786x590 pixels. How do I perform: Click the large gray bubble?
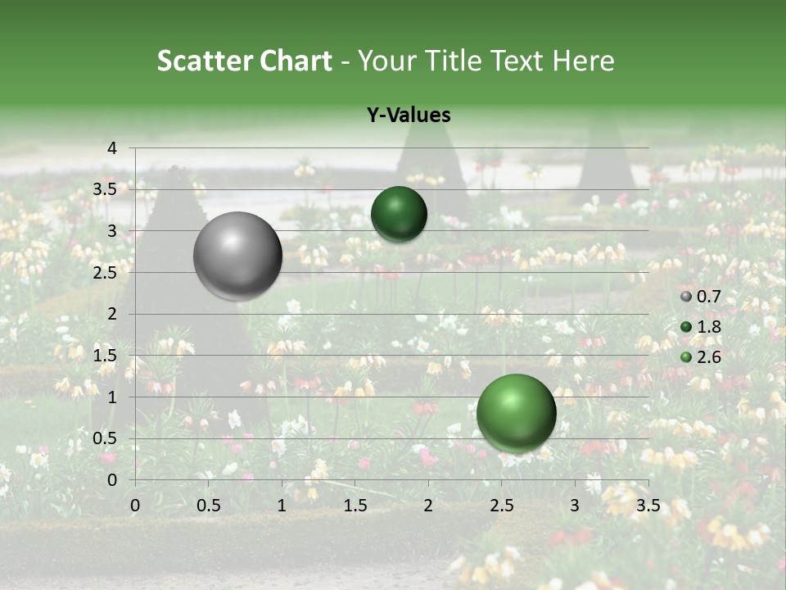tap(237, 256)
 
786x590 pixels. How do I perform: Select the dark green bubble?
tap(399, 214)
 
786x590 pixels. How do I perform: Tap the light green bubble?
tap(516, 413)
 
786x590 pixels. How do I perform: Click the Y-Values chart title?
tap(408, 116)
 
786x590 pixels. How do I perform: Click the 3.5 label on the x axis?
tap(648, 506)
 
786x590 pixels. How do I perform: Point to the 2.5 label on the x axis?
tap(501, 506)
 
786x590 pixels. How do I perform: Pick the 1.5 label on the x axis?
tap(355, 506)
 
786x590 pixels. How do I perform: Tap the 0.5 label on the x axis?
tap(208, 506)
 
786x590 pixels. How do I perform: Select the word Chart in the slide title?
tap(296, 61)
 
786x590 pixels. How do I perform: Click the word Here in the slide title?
tap(583, 61)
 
